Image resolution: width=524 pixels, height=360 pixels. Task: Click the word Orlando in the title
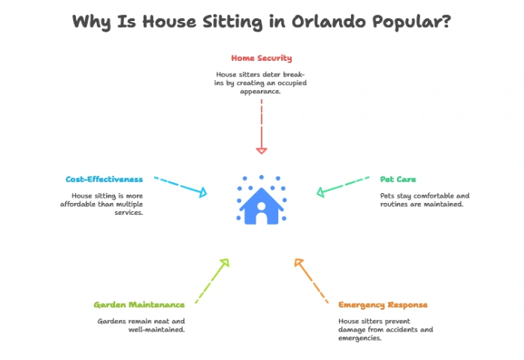click(329, 21)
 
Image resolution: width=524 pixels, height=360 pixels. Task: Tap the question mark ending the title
click(446, 21)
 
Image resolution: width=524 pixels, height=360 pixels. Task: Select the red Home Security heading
click(262, 58)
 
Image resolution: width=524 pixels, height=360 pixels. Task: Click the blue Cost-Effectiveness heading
click(104, 180)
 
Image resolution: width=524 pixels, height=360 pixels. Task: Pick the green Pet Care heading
click(398, 180)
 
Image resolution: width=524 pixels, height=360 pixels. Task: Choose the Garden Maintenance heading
click(139, 304)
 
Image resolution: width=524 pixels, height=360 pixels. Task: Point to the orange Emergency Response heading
click(383, 305)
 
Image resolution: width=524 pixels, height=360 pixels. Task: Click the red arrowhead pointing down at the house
click(262, 151)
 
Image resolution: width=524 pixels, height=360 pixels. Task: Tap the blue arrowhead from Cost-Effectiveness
click(203, 192)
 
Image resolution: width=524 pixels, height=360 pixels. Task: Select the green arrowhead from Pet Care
click(320, 192)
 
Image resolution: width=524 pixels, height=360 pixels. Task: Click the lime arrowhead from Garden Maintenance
click(226, 262)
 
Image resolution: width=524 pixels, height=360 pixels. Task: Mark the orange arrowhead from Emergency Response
click(298, 262)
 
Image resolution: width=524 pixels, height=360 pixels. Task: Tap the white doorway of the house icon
click(262, 219)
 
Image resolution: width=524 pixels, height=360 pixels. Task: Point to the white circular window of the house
click(262, 206)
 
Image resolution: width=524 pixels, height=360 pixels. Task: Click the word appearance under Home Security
click(260, 92)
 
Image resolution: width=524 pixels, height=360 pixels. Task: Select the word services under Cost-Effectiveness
click(129, 213)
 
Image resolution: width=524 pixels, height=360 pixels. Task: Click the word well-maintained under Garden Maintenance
click(156, 330)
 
